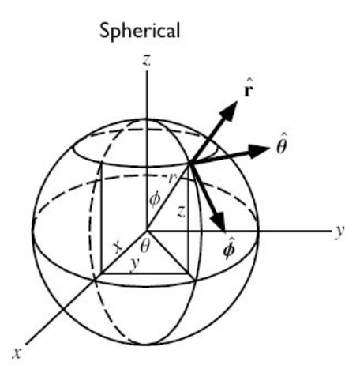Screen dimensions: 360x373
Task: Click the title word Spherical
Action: click(140, 32)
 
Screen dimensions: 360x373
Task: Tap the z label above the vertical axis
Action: click(146, 60)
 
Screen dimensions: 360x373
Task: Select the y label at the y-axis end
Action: click(339, 232)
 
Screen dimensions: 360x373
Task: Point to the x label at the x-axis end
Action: click(17, 353)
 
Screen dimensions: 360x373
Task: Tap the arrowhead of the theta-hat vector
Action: click(257, 151)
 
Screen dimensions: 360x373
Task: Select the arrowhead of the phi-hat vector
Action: click(219, 222)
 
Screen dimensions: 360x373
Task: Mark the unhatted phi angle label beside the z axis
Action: click(155, 200)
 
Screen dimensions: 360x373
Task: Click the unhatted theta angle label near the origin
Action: click(145, 247)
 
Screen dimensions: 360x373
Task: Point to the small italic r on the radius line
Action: click(171, 179)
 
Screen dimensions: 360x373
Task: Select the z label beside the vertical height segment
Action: click(181, 212)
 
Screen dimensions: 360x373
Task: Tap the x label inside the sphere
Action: click(118, 247)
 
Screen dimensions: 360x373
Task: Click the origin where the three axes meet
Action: click(147, 232)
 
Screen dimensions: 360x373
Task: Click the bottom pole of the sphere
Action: click(146, 344)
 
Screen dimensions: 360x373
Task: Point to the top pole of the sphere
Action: click(146, 119)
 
